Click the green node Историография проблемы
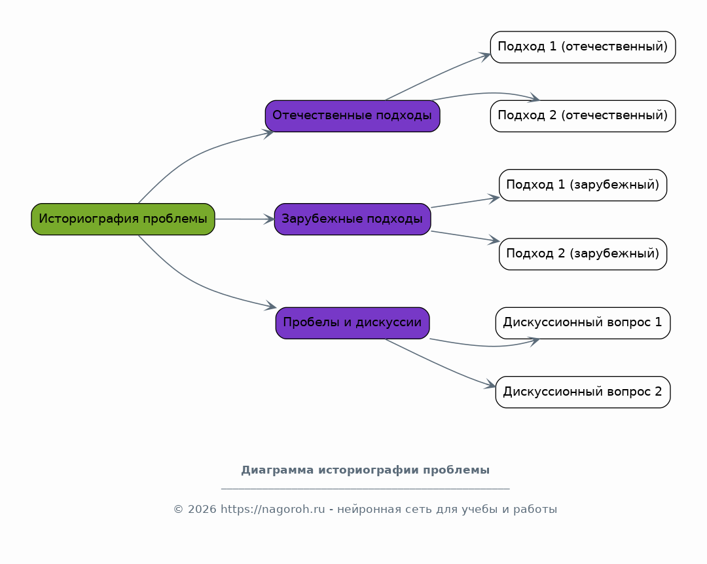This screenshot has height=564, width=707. [123, 219]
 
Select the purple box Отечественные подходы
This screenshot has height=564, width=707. [353, 116]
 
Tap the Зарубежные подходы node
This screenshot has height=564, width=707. [353, 219]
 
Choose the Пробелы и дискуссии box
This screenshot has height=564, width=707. [353, 323]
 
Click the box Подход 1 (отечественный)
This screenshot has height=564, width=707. [583, 47]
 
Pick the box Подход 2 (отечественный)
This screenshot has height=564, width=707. [583, 116]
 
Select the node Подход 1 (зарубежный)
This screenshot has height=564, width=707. [583, 185]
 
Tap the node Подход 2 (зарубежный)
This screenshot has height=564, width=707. [583, 254]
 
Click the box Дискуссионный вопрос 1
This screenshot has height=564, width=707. [583, 323]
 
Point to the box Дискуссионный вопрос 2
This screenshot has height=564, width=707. [583, 392]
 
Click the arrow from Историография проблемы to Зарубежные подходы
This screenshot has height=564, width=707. [245, 219]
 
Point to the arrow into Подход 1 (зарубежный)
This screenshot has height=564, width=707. [465, 202]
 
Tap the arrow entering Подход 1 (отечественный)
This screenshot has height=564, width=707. [437, 75]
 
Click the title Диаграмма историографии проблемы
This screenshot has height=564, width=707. [365, 470]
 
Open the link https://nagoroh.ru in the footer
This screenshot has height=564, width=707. [272, 510]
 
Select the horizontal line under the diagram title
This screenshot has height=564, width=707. [365, 489]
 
